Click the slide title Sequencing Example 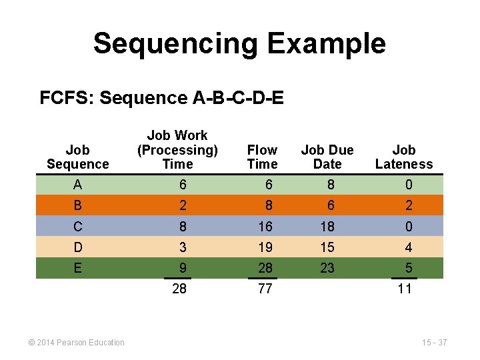tap(239, 43)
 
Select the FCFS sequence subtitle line tap(161, 99)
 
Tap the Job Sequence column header tap(78, 157)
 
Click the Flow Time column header tap(262, 157)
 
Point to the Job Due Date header tap(327, 157)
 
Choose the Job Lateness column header tap(404, 157)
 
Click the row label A tap(78, 185)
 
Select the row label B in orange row tap(78, 205)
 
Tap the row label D tap(78, 247)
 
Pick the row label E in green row tap(78, 268)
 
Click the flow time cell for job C tap(265, 227)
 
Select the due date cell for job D tap(327, 247)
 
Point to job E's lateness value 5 tap(409, 268)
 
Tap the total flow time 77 tap(265, 289)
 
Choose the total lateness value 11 tap(405, 289)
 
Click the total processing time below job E tap(179, 289)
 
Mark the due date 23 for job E tap(327, 268)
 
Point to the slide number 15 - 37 tap(434, 343)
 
